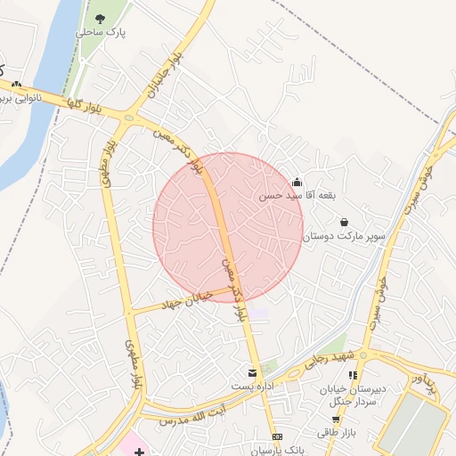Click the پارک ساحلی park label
101,31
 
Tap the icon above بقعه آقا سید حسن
297,182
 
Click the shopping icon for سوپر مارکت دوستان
344,223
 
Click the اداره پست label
250,386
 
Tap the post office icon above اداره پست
252,371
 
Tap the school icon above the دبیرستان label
353,376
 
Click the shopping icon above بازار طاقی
335,419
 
